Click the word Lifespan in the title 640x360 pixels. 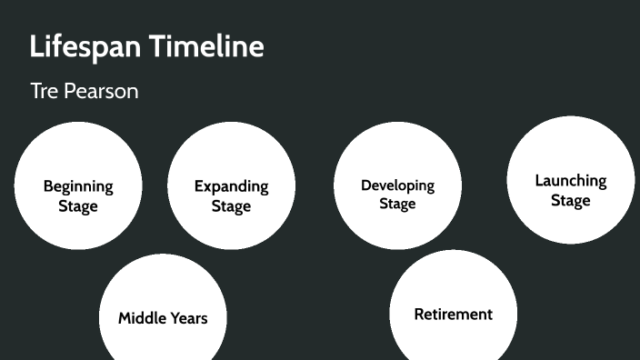coord(85,46)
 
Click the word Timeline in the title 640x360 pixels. coord(207,45)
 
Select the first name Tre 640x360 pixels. coord(44,92)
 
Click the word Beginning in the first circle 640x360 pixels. coord(78,186)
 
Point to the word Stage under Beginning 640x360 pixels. coord(78,206)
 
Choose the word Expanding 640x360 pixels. coord(231,186)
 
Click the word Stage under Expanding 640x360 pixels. coord(231,206)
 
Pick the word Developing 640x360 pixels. coord(397,185)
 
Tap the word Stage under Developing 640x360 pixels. coord(397,204)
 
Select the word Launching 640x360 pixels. coord(570,181)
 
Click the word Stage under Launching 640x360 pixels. coord(570,200)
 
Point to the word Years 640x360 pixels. coord(188,318)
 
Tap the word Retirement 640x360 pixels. coord(453,315)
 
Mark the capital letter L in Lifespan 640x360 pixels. coord(36,46)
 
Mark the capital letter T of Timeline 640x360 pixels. coord(157,45)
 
